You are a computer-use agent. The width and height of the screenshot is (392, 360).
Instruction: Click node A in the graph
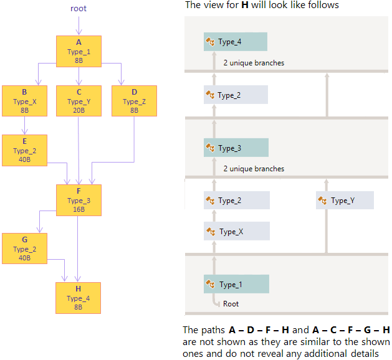[x=79, y=51]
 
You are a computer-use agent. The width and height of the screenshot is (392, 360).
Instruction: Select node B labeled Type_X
[x=24, y=101]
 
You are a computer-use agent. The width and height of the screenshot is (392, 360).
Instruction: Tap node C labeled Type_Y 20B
[x=79, y=101]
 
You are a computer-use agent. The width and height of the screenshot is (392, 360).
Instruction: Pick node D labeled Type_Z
[x=134, y=101]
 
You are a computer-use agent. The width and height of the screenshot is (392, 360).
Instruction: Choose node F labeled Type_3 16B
[x=79, y=200]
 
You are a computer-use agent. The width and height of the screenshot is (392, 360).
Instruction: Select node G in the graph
[x=24, y=249]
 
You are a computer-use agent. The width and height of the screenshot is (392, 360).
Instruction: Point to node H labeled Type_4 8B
[x=79, y=298]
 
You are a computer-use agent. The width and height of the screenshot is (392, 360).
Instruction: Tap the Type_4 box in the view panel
[x=236, y=42]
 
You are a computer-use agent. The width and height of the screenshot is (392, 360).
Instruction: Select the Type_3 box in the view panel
[x=236, y=148]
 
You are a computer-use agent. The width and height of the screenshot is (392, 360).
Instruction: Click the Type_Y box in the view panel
[x=345, y=201]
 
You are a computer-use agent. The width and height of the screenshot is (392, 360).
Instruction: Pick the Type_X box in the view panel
[x=236, y=231]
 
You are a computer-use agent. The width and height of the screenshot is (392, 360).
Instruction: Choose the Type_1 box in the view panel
[x=236, y=284]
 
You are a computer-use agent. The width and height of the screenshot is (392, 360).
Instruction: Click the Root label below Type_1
[x=231, y=304]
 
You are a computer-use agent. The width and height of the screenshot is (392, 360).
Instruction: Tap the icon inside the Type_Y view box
[x=323, y=201]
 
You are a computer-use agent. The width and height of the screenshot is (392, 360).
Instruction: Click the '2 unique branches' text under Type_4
[x=254, y=63]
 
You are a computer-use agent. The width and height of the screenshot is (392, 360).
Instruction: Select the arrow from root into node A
[x=79, y=26]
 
